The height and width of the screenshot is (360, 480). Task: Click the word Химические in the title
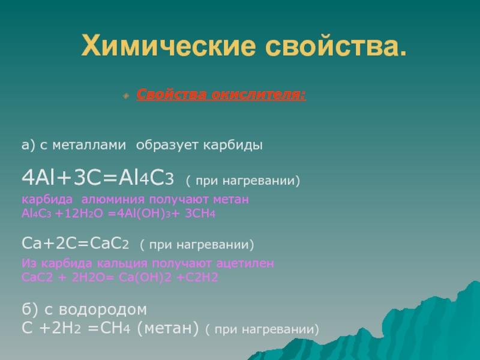[x=169, y=46]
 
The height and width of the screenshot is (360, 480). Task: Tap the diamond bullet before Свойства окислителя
[x=126, y=96]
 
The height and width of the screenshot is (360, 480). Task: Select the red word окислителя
[x=259, y=94]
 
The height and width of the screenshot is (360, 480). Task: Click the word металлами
[x=89, y=145]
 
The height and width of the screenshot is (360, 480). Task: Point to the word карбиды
[x=233, y=145]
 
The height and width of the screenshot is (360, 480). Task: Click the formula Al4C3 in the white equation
[x=146, y=178]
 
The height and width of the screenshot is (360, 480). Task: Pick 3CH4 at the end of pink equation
[x=200, y=214]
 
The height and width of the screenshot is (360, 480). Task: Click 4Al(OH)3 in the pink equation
[x=143, y=214]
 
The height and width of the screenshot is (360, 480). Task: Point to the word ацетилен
[x=245, y=263]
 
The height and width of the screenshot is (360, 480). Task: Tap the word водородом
[x=103, y=310]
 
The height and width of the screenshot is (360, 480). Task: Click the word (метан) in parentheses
[x=168, y=328]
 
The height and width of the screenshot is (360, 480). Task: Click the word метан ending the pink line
[x=231, y=199]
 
